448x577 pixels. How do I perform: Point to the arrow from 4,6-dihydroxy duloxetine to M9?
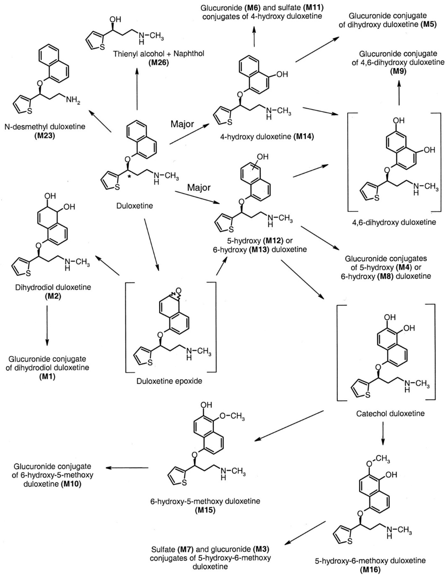399,93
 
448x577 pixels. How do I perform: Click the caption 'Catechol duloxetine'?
390,413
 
